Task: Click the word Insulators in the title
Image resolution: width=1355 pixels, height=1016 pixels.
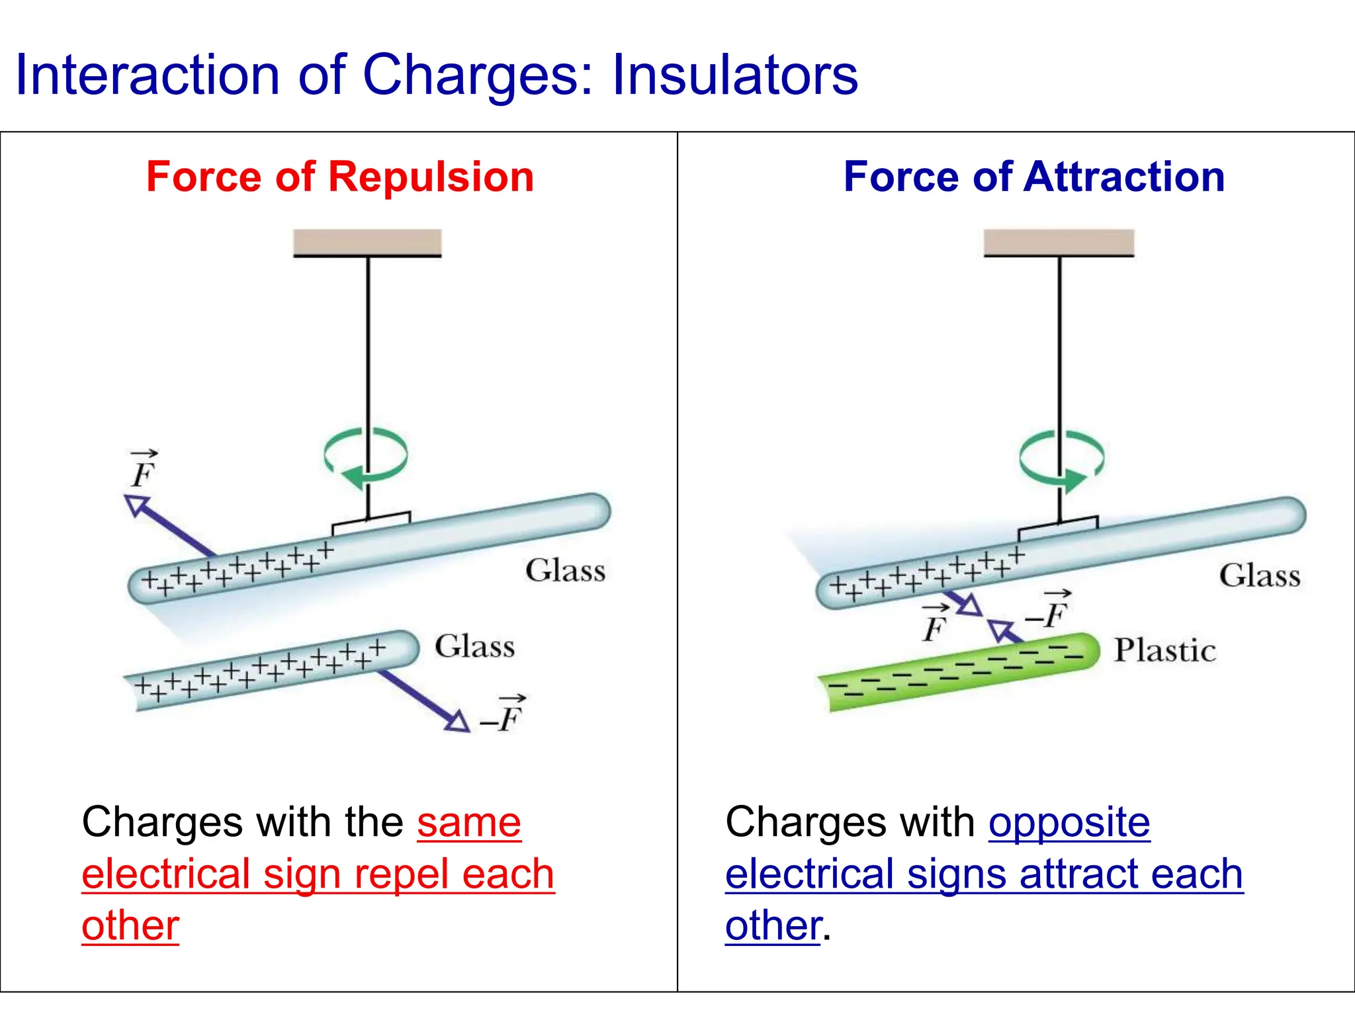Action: tap(734, 75)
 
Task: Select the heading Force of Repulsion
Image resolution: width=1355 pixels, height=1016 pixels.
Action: tap(340, 177)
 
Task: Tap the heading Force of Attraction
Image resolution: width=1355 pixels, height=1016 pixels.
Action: tap(1034, 177)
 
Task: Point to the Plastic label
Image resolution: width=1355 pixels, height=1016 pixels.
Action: tap(1164, 651)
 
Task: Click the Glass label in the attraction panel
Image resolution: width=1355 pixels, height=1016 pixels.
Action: tap(1259, 575)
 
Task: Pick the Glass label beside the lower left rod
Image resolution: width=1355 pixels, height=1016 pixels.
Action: tap(474, 646)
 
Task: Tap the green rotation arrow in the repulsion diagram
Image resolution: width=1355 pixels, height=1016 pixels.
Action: tap(365, 456)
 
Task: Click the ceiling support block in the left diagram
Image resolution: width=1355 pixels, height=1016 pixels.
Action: tap(367, 242)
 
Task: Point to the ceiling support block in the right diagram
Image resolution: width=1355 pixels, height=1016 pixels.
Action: tap(1059, 242)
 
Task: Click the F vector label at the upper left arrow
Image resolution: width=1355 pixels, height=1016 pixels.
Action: tap(143, 470)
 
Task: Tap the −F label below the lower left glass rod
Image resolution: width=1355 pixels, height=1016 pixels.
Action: tap(504, 716)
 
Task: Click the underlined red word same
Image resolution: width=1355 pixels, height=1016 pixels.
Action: tap(468, 823)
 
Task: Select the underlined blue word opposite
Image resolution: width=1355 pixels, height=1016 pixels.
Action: tap(1069, 823)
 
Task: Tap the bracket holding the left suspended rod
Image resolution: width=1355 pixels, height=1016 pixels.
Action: tap(371, 523)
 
